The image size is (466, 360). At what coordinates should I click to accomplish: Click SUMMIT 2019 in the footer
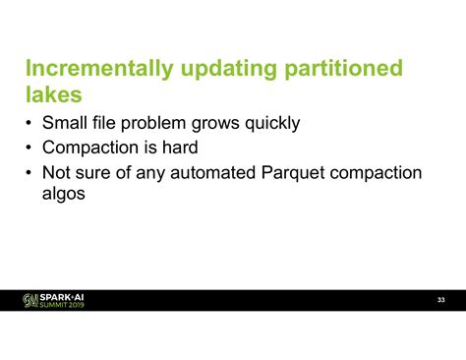(61, 305)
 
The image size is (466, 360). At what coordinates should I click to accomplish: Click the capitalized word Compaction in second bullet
(91, 149)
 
